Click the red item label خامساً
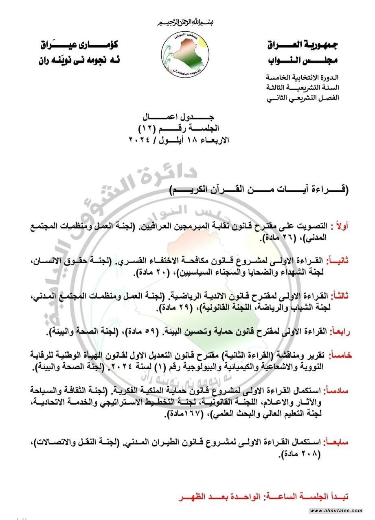[340, 355]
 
